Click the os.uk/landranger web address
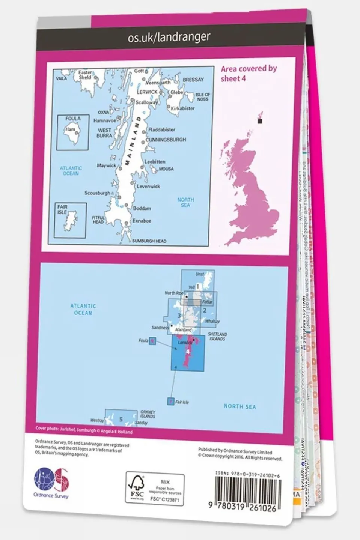(x=169, y=37)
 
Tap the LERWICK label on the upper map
(x=147, y=92)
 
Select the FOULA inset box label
(x=73, y=119)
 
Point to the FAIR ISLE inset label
(x=62, y=209)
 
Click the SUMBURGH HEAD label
(x=149, y=241)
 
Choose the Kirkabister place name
(x=182, y=108)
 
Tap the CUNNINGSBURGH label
(x=166, y=140)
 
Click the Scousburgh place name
(x=97, y=193)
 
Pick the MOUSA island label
(x=166, y=169)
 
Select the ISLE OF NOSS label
(x=203, y=97)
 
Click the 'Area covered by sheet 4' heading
(x=248, y=73)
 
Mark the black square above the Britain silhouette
(x=259, y=121)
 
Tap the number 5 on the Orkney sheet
(x=121, y=419)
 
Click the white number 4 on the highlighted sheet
(x=188, y=352)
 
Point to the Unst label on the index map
(x=200, y=274)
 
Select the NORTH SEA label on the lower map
(x=239, y=406)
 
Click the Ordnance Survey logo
(x=51, y=482)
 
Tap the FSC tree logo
(x=137, y=487)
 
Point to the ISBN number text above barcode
(x=248, y=474)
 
